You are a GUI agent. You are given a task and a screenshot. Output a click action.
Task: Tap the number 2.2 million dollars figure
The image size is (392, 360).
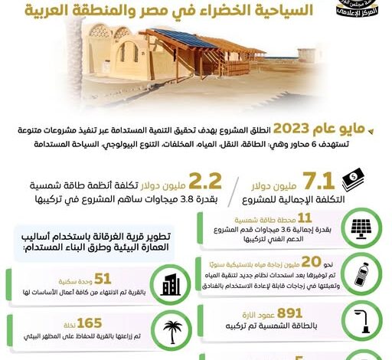[205, 182]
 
